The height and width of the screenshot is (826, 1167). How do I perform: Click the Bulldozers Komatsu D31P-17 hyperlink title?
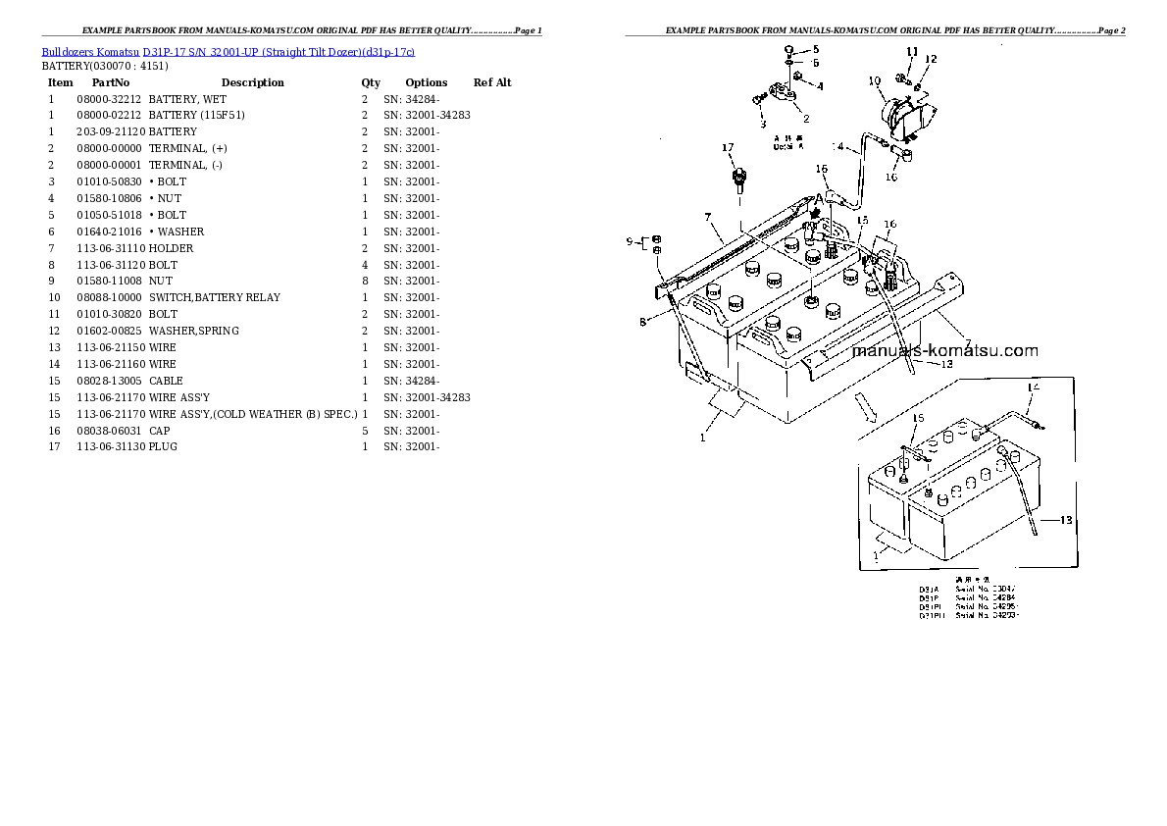(x=228, y=51)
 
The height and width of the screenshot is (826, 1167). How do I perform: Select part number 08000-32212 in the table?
(x=109, y=99)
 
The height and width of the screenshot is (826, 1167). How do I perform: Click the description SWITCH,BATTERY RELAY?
(x=214, y=297)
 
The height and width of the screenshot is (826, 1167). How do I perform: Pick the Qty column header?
(x=371, y=82)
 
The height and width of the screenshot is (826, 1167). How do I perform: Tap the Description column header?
(x=252, y=82)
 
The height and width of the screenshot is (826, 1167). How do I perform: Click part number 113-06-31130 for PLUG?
(x=109, y=446)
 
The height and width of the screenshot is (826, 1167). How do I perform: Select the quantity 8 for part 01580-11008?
(x=365, y=281)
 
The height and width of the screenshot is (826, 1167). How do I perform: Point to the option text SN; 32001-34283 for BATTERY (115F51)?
(x=427, y=115)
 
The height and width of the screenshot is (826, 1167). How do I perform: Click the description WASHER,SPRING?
(x=193, y=331)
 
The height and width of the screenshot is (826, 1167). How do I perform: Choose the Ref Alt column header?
(x=492, y=82)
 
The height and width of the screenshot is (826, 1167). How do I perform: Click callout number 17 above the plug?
(x=728, y=148)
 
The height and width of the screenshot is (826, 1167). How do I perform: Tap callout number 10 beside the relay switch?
(x=875, y=82)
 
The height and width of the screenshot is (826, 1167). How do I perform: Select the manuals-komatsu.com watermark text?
(x=944, y=350)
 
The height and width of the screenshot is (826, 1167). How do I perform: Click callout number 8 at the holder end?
(x=643, y=321)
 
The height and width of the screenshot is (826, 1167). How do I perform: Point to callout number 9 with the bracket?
(x=630, y=240)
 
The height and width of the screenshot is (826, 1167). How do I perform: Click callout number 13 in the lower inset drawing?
(x=1067, y=520)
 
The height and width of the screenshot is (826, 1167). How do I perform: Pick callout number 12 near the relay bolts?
(x=931, y=59)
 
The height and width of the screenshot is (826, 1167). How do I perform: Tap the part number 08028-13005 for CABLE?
(x=109, y=380)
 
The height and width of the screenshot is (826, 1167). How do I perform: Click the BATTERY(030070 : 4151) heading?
(x=104, y=66)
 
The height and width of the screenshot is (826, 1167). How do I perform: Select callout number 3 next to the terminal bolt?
(x=761, y=125)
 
